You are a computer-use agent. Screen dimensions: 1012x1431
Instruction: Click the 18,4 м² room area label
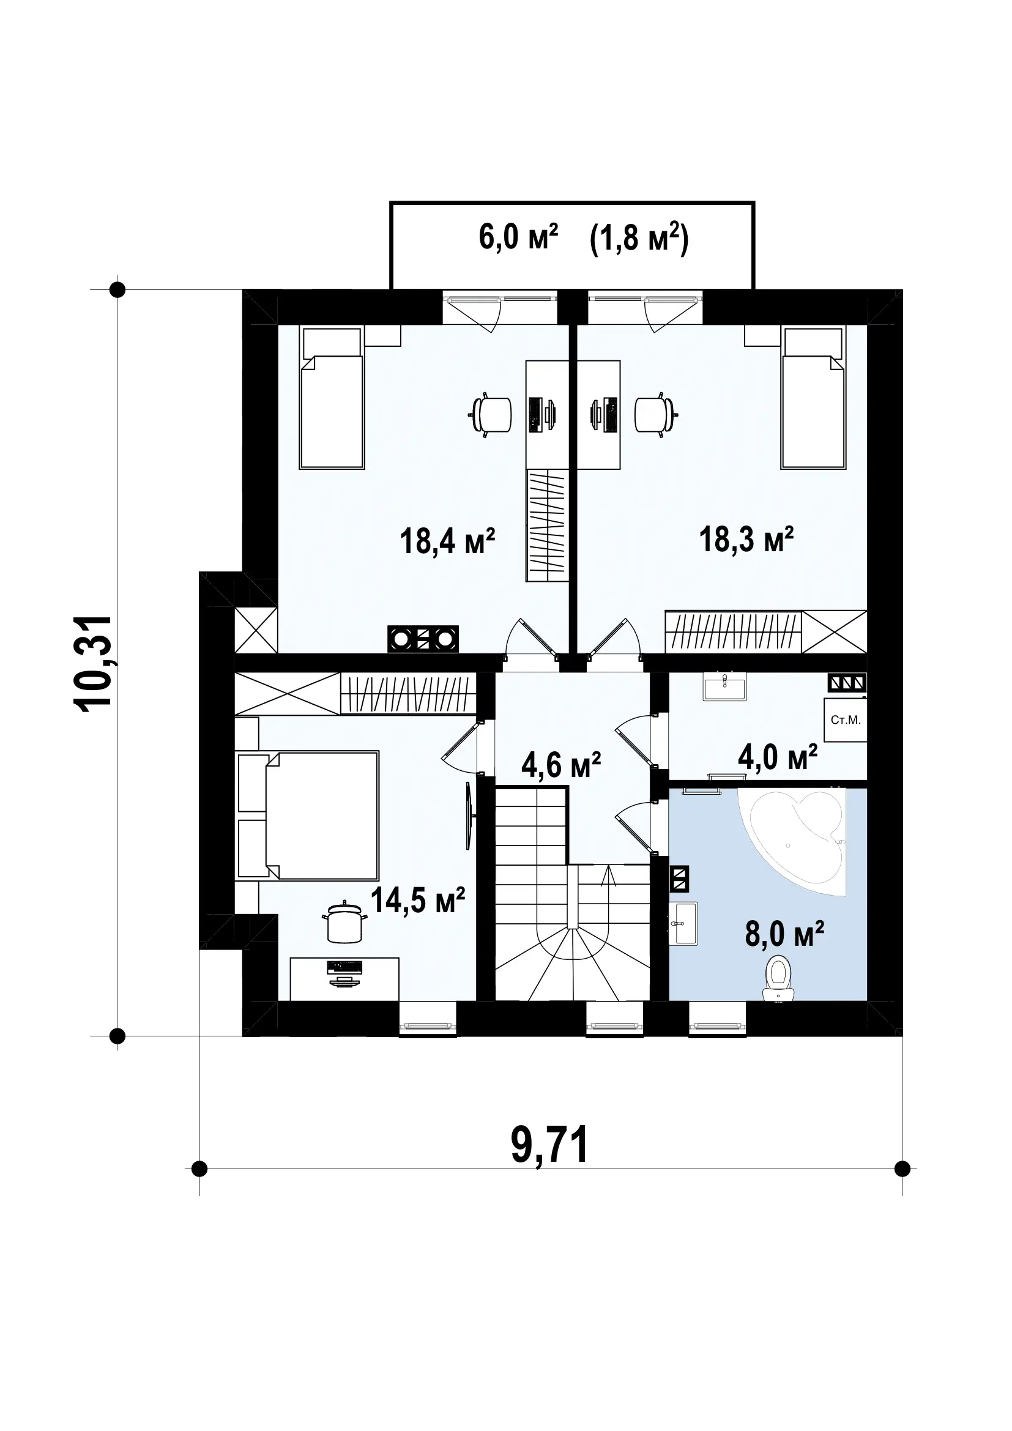click(447, 540)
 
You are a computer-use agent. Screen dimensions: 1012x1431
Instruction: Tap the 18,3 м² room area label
click(746, 539)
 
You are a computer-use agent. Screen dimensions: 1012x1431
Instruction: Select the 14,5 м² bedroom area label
click(417, 900)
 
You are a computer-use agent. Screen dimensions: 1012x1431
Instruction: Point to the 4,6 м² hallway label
click(561, 765)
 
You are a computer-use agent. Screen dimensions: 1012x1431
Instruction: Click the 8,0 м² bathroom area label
click(784, 952)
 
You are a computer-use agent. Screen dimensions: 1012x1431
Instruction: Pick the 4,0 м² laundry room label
click(778, 757)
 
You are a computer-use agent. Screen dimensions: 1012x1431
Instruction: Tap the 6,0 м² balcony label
click(518, 237)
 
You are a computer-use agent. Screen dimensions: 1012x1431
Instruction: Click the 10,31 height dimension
click(94, 662)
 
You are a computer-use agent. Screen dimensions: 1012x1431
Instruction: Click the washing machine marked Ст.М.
click(846, 720)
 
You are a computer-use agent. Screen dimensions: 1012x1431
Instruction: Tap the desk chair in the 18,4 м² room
click(491, 414)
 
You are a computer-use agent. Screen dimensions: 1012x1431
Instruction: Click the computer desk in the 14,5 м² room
click(344, 978)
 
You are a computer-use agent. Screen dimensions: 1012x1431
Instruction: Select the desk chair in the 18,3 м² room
click(656, 414)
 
